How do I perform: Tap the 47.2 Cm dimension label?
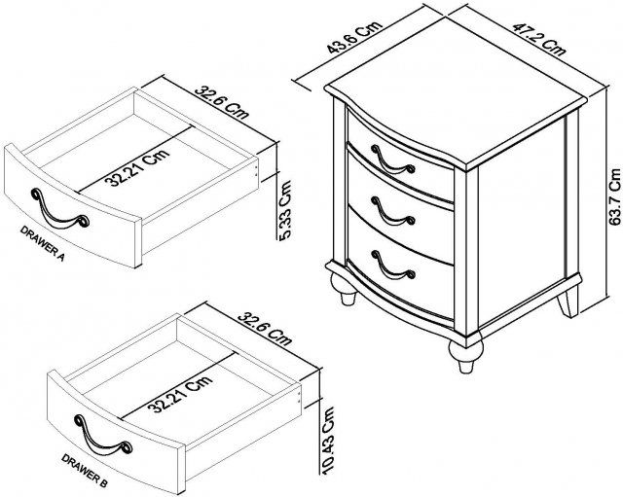click(538, 39)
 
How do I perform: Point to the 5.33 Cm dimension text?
click(285, 216)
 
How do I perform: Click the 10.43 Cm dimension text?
click(328, 441)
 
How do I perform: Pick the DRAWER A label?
click(43, 243)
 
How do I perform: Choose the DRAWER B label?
click(85, 471)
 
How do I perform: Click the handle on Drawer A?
click(59, 209)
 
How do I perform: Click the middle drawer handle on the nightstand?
click(393, 212)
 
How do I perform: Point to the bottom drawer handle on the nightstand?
click(393, 265)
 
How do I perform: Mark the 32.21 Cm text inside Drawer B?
click(180, 394)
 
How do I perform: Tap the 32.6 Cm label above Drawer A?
click(222, 102)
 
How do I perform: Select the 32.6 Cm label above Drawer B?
click(265, 329)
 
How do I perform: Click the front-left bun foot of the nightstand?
click(345, 290)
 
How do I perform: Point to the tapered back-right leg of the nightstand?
click(568, 302)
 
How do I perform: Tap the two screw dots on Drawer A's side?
click(256, 170)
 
